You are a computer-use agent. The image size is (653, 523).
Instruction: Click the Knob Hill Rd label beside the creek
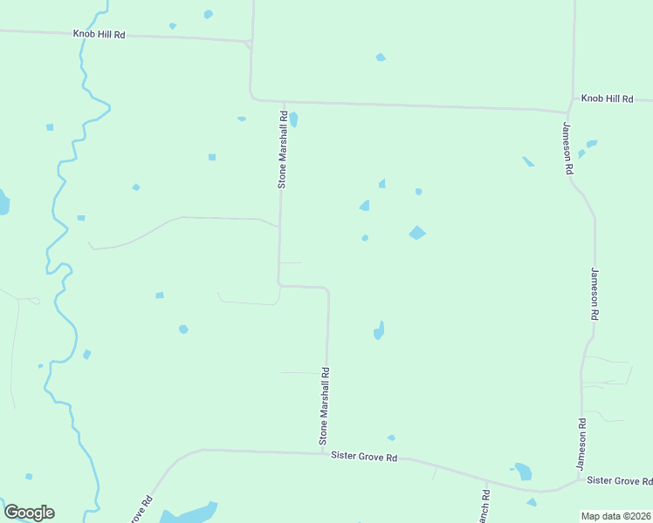[x=99, y=34]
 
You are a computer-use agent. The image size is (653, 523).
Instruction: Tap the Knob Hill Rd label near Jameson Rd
[x=607, y=99]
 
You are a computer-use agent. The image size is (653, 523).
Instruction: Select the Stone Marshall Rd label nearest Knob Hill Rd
[x=283, y=149]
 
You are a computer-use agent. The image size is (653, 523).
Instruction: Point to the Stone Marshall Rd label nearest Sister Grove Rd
[x=324, y=405]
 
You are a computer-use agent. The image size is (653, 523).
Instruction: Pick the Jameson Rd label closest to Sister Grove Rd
[x=581, y=445]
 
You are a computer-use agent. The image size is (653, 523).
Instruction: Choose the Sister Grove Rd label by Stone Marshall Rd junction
[x=364, y=458]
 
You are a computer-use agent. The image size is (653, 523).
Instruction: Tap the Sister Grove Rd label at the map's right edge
[x=619, y=480]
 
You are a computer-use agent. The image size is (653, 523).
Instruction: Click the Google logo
[x=29, y=513]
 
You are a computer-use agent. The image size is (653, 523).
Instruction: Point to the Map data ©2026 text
[x=615, y=515]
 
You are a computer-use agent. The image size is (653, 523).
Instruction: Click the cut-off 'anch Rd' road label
[x=485, y=506]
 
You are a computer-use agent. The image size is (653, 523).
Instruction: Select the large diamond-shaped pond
[x=417, y=233]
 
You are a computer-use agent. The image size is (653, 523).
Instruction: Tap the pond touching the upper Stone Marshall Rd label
[x=293, y=119]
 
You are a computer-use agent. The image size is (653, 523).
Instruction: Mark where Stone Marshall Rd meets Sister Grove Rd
[x=326, y=452]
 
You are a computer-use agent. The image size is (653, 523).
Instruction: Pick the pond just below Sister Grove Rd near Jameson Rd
[x=523, y=472]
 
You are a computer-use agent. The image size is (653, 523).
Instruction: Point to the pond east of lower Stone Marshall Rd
[x=379, y=330]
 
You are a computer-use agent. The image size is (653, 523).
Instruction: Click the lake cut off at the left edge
[x=3, y=202]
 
